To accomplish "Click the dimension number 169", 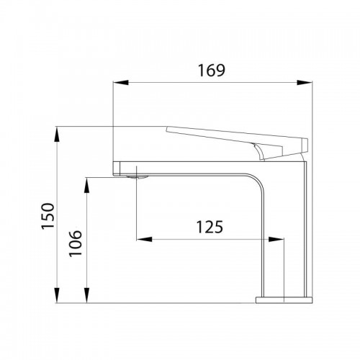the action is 212,71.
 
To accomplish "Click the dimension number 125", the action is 210,227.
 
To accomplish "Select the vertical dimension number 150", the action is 48,216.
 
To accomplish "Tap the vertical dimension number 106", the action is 76,243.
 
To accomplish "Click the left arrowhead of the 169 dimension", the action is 121,83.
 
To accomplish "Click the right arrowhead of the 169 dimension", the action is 305,83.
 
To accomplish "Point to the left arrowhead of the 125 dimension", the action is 144,239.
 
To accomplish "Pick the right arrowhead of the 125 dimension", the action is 276,239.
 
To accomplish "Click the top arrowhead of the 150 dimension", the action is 57,135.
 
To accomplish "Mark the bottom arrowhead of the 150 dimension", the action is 57,295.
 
